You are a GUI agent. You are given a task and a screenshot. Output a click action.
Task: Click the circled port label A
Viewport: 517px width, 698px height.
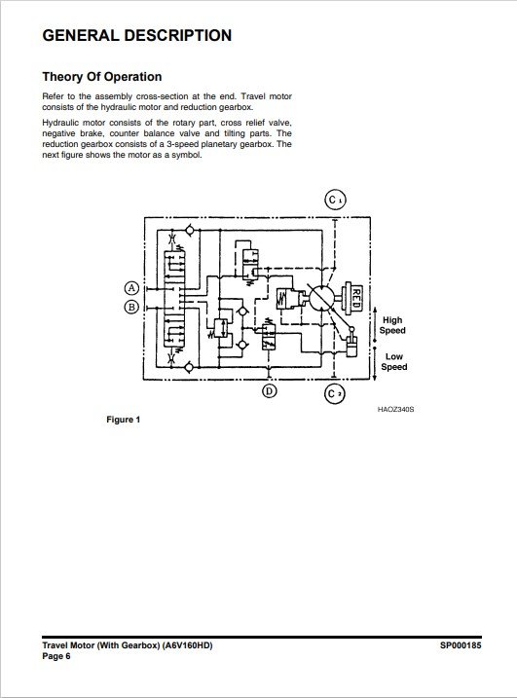[x=131, y=288]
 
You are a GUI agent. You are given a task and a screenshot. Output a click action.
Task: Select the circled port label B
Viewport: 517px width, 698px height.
[x=131, y=307]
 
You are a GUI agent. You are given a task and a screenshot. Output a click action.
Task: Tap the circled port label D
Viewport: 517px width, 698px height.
[x=269, y=390]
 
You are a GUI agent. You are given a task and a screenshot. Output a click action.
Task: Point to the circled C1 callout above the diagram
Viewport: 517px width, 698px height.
[x=335, y=200]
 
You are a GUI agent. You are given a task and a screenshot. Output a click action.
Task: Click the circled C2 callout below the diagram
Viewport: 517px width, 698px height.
[x=334, y=393]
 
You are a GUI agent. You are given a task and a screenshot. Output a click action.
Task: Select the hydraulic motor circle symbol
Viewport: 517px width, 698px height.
[x=321, y=297]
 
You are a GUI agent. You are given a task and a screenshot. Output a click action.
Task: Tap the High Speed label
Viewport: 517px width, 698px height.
[x=392, y=325]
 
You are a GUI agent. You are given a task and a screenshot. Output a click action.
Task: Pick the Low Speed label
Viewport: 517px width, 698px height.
[x=394, y=361]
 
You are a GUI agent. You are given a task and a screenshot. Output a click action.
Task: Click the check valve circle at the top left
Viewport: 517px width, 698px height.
[x=189, y=230]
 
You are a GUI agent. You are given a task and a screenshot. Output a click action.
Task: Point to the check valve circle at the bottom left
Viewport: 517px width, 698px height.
[x=189, y=367]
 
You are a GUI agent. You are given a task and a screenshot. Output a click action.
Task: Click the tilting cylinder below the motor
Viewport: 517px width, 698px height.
[x=351, y=347]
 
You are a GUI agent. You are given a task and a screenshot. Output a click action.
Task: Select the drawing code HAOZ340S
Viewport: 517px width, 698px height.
[x=395, y=409]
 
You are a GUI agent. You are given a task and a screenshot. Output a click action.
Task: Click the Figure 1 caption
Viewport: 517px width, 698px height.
[x=124, y=420]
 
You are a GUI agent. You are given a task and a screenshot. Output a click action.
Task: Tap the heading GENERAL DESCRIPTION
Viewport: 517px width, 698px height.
[x=137, y=35]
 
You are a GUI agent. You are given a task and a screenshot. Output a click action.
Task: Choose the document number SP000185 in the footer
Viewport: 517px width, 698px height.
[x=461, y=645]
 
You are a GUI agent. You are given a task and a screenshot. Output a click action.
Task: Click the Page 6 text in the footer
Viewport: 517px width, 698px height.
[x=56, y=656]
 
